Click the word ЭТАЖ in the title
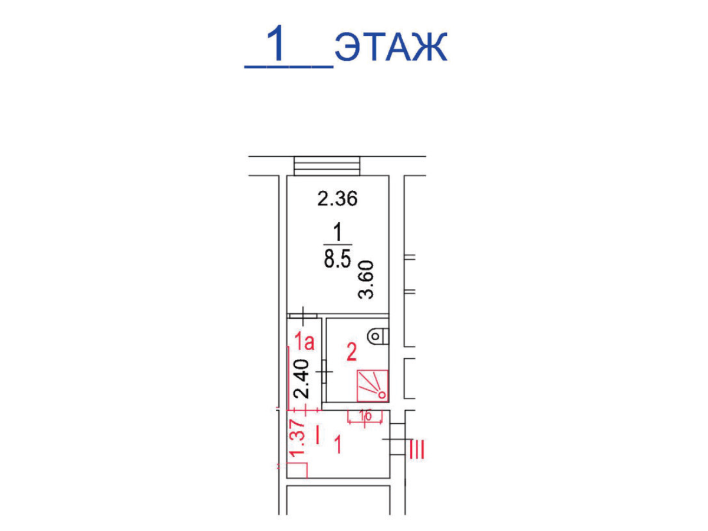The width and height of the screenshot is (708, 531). coord(391,47)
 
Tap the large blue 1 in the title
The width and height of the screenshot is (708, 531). coord(278,44)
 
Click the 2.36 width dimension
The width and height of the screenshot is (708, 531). coord(337,199)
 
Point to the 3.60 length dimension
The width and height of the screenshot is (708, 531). coord(365,279)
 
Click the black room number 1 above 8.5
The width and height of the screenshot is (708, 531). coord(337,232)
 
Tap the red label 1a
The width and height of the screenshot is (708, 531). coord(305,342)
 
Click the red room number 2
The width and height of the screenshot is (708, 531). coord(351,352)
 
